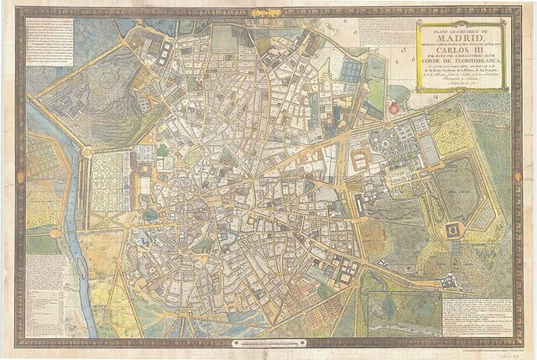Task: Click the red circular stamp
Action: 393,107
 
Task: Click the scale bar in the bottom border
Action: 268,342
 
